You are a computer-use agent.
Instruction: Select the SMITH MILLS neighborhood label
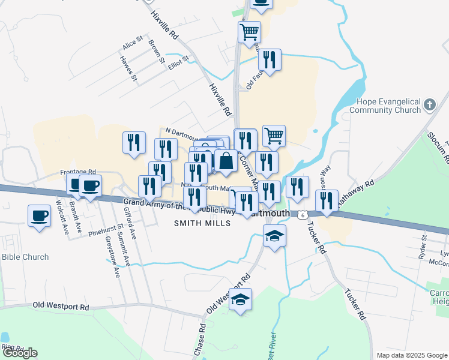tap(202, 223)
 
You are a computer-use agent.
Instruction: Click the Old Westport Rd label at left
tap(61, 307)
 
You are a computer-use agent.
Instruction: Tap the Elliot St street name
tap(179, 62)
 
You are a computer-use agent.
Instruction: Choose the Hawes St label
tap(129, 69)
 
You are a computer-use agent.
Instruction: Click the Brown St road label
tap(157, 52)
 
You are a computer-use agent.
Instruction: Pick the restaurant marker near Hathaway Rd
tap(327, 200)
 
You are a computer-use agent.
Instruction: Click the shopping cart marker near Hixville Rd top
tap(249, 32)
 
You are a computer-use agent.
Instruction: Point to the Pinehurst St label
tap(105, 230)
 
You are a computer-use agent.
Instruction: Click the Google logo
tap(20, 353)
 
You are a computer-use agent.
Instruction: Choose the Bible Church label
tap(25, 257)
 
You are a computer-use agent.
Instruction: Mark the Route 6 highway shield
tap(304, 214)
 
